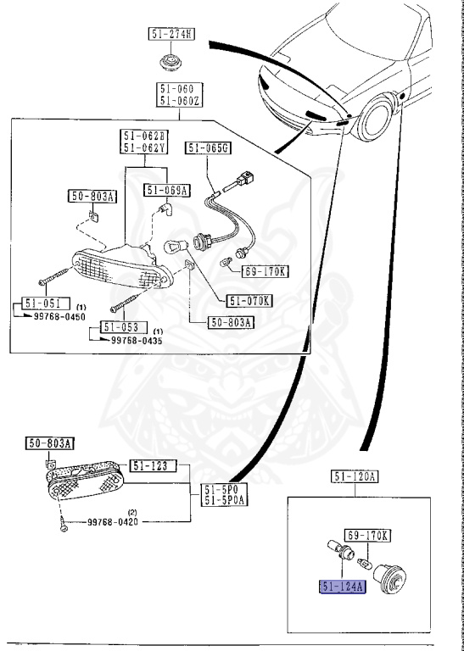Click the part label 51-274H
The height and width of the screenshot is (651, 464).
tap(172, 34)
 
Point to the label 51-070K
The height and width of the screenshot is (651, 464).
tap(250, 299)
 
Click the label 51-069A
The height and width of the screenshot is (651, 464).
tap(166, 190)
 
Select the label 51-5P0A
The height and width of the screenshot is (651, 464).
tap(223, 500)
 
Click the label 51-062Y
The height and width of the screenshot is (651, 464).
tap(144, 148)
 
